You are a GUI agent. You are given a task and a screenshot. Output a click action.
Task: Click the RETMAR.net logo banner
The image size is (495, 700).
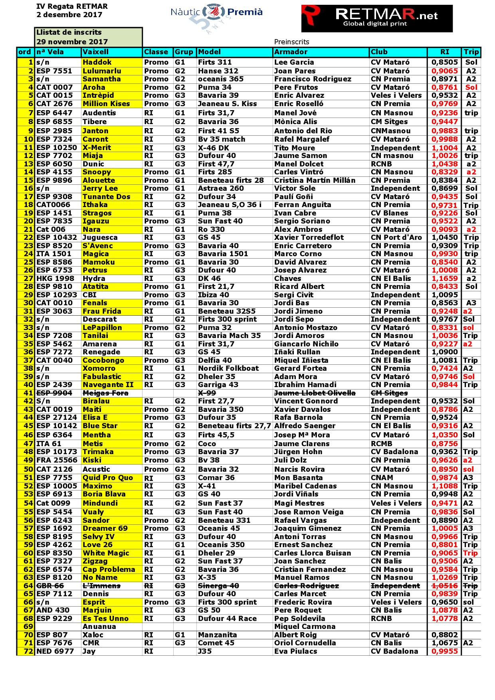click(377, 18)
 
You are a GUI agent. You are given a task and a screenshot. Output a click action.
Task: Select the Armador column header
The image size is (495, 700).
click(291, 52)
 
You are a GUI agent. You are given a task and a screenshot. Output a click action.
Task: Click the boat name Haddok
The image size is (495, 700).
click(97, 62)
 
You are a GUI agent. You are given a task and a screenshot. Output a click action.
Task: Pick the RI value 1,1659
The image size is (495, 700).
click(445, 279)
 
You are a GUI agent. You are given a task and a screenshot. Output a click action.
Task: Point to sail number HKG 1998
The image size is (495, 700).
click(54, 279)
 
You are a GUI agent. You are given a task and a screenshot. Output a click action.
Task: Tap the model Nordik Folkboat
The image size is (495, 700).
click(228, 368)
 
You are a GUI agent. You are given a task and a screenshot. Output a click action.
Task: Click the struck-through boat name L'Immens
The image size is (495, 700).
click(101, 586)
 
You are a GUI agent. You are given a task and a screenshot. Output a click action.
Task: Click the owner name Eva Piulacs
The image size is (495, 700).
click(295, 651)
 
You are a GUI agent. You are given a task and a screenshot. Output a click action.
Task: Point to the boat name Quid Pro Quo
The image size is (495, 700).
click(108, 478)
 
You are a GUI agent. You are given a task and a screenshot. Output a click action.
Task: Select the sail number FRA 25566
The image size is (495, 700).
click(57, 460)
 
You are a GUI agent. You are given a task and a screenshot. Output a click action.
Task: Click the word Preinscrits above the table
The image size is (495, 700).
click(291, 42)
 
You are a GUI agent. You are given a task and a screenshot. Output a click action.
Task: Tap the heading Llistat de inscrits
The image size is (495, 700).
click(69, 32)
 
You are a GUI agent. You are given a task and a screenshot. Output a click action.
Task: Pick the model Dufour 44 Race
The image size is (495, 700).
click(227, 619)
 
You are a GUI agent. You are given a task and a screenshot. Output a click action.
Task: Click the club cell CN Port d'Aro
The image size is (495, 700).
click(396, 237)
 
